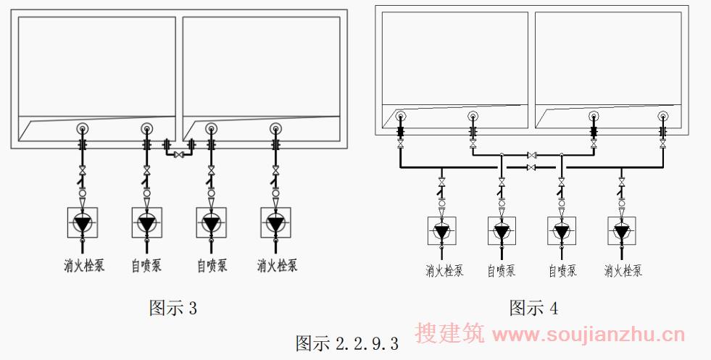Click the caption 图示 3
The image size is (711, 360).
tap(172, 308)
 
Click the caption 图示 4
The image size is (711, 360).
tap(533, 308)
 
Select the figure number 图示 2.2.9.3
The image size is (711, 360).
tap(346, 343)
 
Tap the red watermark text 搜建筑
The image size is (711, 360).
tap(449, 334)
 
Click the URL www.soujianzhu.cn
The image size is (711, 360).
tap(588, 335)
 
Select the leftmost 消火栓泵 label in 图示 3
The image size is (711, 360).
tap(83, 265)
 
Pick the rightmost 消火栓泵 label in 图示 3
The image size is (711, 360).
tap(277, 265)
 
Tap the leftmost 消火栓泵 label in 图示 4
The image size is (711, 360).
tap(444, 271)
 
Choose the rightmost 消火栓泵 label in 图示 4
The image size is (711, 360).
tap(623, 271)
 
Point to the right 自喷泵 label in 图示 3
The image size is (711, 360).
tap(212, 266)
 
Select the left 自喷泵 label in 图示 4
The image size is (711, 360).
tap(502, 271)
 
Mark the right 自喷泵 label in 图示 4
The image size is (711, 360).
tap(562, 271)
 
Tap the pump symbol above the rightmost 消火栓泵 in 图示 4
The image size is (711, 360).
tap(621, 232)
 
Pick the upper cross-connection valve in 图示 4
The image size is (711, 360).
tap(532, 155)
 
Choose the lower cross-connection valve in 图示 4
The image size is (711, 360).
tap(532, 167)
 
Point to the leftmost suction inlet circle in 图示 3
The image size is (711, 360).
tap(83, 129)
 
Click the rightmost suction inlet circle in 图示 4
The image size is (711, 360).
tap(662, 116)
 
